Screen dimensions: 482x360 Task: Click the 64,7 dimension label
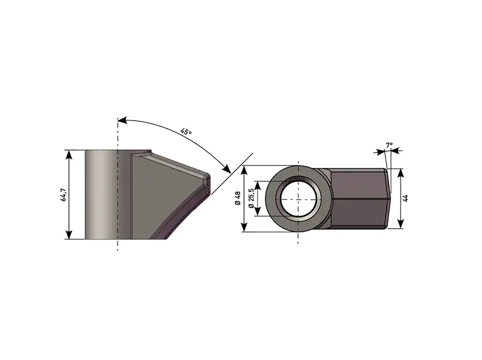click(64, 194)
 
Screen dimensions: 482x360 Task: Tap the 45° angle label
click(186, 131)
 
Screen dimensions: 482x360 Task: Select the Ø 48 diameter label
click(237, 199)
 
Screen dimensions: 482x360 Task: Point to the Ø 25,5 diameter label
click(251, 198)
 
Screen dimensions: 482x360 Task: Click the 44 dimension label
click(405, 198)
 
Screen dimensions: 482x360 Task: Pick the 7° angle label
click(389, 145)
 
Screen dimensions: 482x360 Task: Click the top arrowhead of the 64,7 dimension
click(69, 154)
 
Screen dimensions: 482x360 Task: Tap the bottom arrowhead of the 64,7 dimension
click(69, 235)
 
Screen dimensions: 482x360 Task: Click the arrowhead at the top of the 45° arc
click(123, 119)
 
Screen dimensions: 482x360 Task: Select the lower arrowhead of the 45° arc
click(227, 169)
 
